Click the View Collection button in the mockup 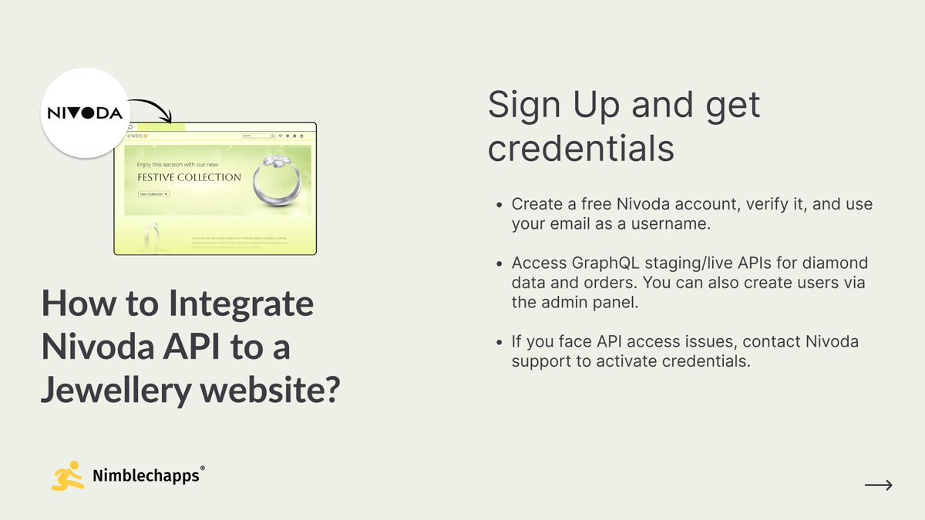154,194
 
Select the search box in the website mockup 258,136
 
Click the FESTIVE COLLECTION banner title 189,177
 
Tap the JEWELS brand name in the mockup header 136,136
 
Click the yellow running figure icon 66,476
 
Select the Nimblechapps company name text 145,476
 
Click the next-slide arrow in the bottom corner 878,485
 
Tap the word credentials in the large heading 581,148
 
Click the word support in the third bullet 541,361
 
